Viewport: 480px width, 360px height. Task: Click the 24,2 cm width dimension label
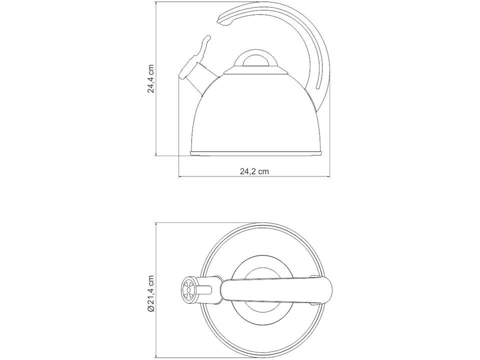[x=254, y=171]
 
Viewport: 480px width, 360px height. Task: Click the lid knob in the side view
[x=256, y=60]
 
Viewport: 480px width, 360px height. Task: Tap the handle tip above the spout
[x=224, y=20]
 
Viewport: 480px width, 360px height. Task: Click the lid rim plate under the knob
[x=256, y=71]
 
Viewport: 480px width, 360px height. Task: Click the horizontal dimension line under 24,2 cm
[x=254, y=177]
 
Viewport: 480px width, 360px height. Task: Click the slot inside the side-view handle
[x=318, y=65]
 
